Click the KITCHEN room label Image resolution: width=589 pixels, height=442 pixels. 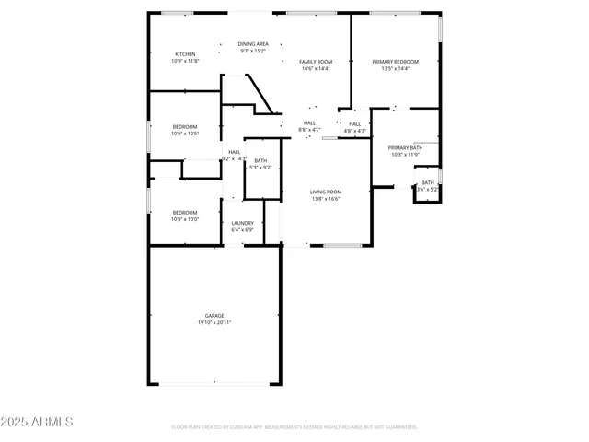point(185,54)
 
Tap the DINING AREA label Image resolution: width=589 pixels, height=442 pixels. point(253,44)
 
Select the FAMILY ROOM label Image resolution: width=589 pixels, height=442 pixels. point(316,62)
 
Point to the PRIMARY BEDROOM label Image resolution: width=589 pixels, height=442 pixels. point(390,62)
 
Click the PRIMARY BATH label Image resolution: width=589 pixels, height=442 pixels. point(405,147)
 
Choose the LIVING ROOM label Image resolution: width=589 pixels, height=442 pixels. point(326,192)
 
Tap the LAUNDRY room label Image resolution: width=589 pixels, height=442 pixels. point(243,223)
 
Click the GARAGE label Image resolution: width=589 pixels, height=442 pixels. point(214,316)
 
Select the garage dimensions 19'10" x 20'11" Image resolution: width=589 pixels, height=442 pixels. point(214,322)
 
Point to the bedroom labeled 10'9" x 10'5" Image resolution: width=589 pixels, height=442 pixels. point(185,134)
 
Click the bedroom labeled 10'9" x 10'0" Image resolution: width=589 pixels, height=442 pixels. point(185,219)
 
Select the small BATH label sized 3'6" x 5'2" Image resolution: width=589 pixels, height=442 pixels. point(428,185)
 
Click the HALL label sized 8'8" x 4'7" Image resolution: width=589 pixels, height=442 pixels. point(310,126)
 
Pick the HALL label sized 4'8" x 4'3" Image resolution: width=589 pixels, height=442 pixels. point(355,127)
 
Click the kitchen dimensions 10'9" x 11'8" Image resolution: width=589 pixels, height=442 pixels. point(185,61)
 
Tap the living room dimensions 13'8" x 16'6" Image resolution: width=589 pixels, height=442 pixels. point(326,198)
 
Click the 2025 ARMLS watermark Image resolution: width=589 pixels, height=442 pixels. point(38,422)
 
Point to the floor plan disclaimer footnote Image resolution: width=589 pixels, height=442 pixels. point(294,426)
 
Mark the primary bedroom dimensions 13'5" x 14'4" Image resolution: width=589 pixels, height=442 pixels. point(390,68)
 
